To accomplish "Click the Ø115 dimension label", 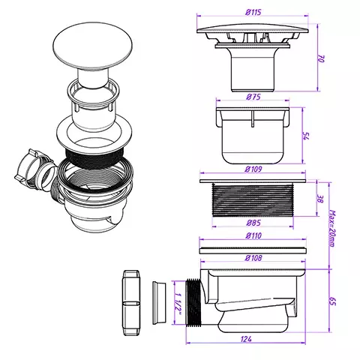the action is click(x=253, y=12).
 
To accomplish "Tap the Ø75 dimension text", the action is click(x=253, y=97).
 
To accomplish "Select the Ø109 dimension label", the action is click(x=253, y=169).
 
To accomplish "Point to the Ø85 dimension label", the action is click(x=253, y=223).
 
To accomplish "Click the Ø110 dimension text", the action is click(x=253, y=235).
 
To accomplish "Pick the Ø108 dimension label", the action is click(x=253, y=258).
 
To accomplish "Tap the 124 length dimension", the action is click(x=246, y=339).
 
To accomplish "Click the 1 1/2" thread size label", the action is click(x=178, y=303).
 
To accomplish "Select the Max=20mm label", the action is click(x=333, y=229).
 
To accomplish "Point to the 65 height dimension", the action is click(x=333, y=301).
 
